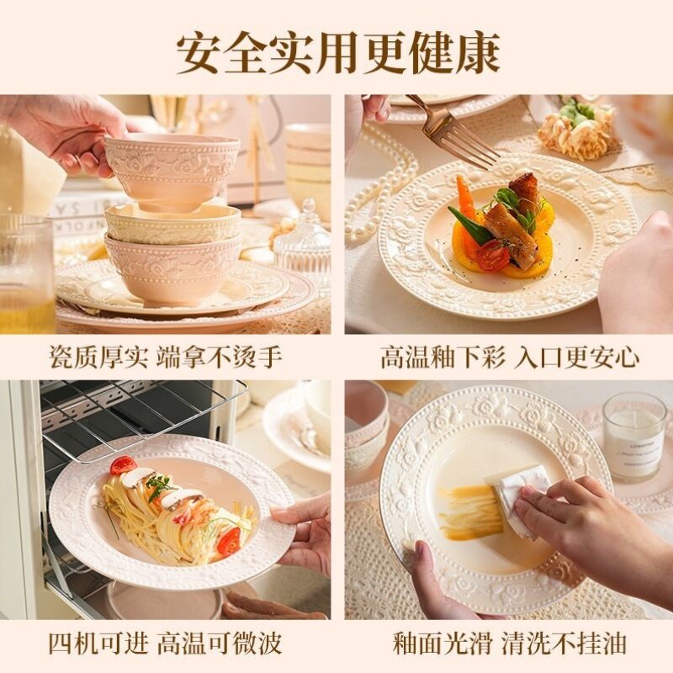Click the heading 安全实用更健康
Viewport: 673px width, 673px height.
click(336, 52)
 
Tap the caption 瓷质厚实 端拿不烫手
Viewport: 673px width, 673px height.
click(165, 357)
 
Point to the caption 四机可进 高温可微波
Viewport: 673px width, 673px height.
click(165, 644)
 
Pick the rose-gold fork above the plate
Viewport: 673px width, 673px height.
click(454, 135)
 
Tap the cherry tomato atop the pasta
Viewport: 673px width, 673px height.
click(123, 465)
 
